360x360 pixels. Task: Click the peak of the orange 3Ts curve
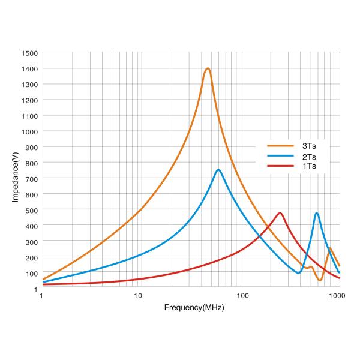click(x=208, y=68)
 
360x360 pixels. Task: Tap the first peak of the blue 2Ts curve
click(x=218, y=170)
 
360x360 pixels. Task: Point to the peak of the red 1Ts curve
click(x=280, y=213)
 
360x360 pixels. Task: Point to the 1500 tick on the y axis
click(x=30, y=53)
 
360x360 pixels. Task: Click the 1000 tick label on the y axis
click(x=30, y=131)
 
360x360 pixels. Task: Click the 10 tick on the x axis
click(x=139, y=296)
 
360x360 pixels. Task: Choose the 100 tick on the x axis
click(x=242, y=296)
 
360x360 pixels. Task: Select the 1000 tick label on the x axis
click(x=337, y=296)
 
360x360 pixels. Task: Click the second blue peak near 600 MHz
click(x=316, y=213)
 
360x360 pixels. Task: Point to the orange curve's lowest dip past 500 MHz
click(x=320, y=280)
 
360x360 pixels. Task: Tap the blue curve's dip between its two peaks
click(x=298, y=273)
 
